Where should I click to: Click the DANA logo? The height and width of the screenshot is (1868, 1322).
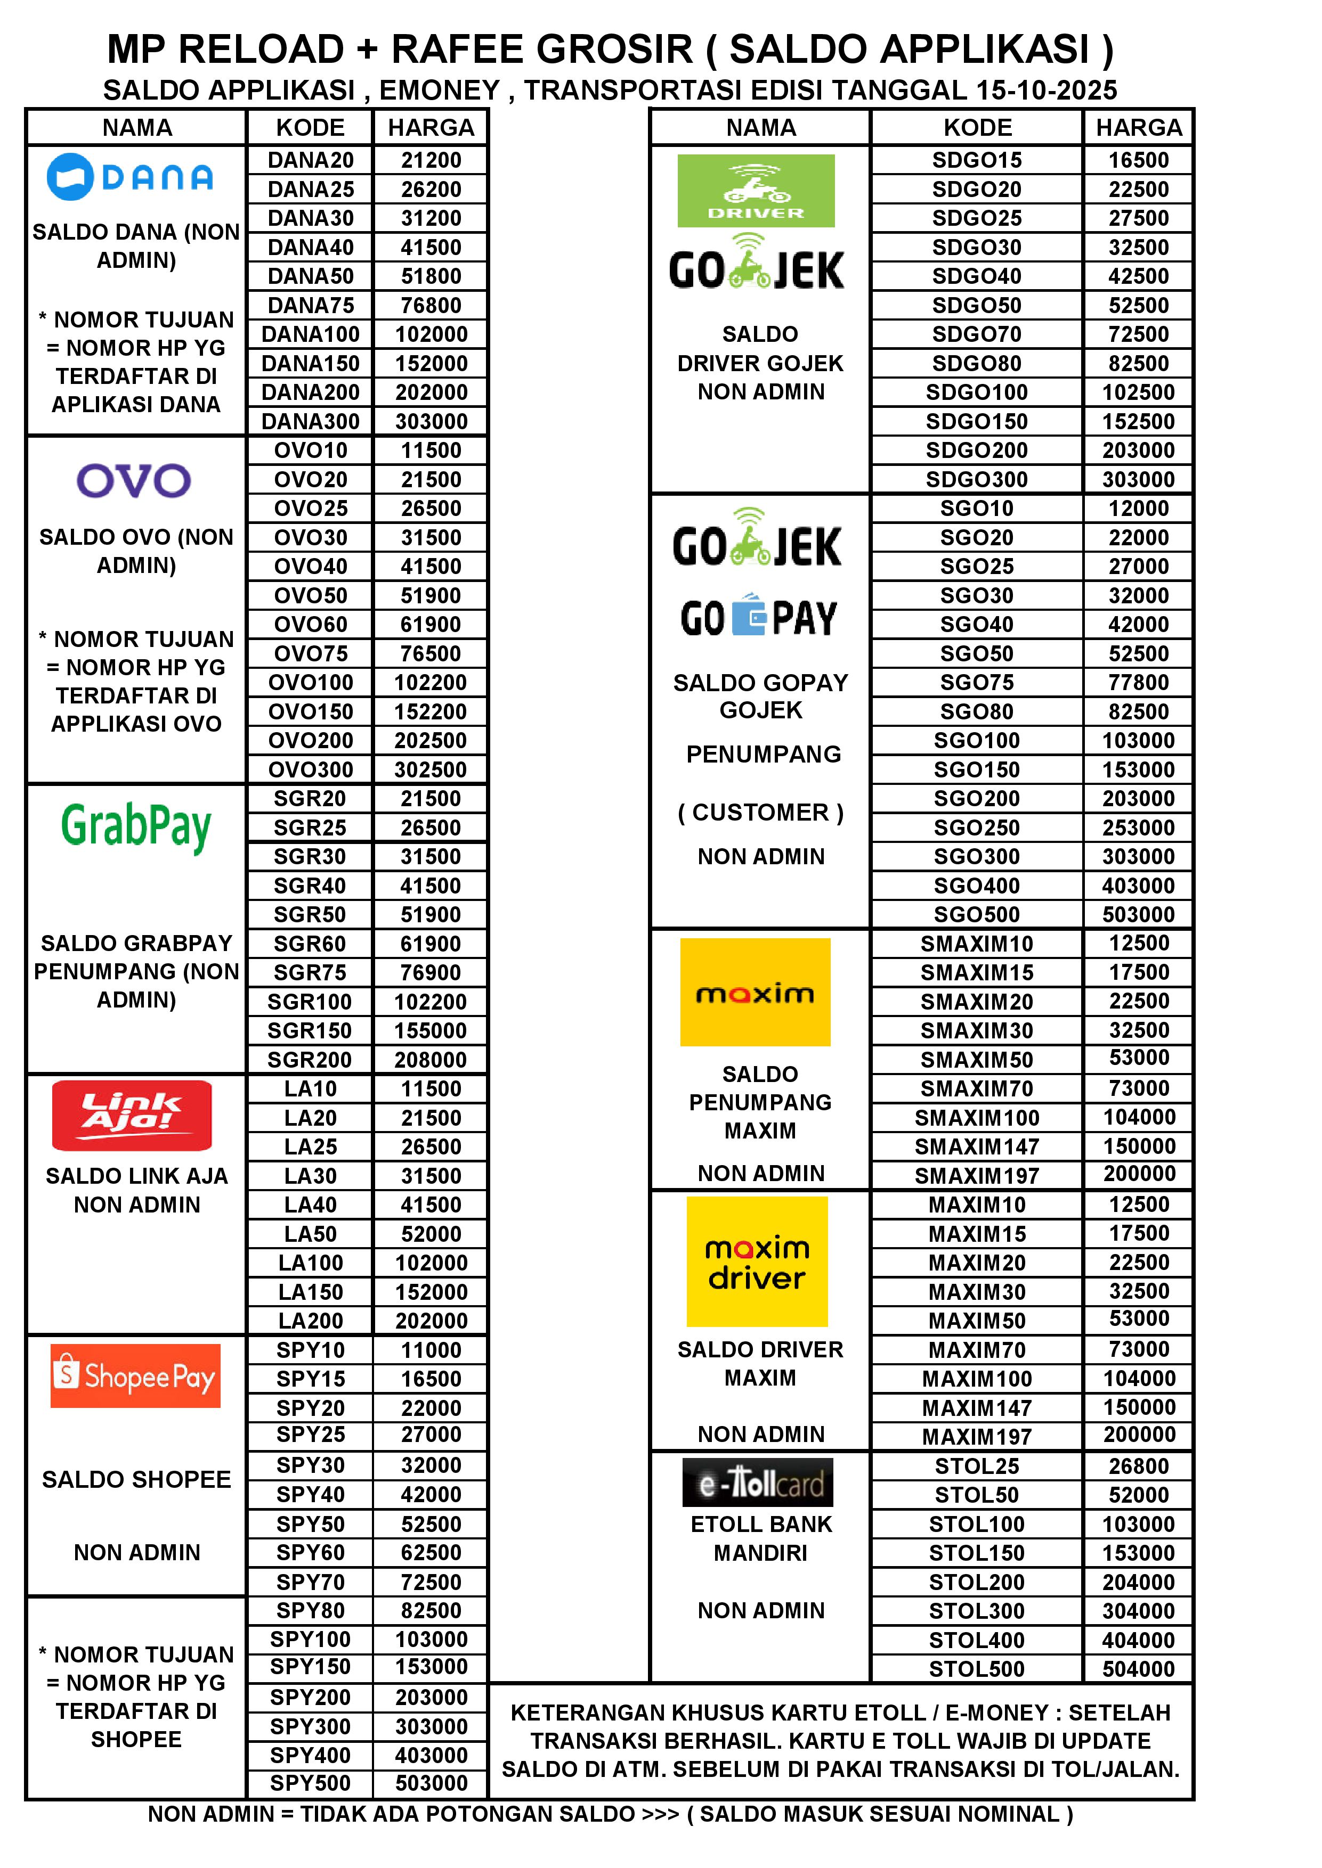pyautogui.click(x=130, y=177)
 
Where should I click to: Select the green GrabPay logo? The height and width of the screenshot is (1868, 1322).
pyautogui.click(x=136, y=826)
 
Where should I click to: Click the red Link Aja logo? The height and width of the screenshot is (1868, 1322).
pyautogui.click(x=132, y=1116)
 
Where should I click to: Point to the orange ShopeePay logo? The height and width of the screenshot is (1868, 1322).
pyautogui.click(x=136, y=1376)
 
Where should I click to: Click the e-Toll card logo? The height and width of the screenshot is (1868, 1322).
pyautogui.click(x=758, y=1482)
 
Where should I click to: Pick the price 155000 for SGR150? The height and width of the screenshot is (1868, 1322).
pyautogui.click(x=431, y=1031)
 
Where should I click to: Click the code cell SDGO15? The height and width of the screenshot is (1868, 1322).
pyautogui.click(x=976, y=160)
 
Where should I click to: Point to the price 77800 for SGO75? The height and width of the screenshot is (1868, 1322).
pyautogui.click(x=1138, y=683)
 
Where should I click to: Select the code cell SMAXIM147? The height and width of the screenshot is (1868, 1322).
pyautogui.click(x=976, y=1146)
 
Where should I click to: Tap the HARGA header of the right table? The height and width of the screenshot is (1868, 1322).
pyautogui.click(x=1138, y=128)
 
